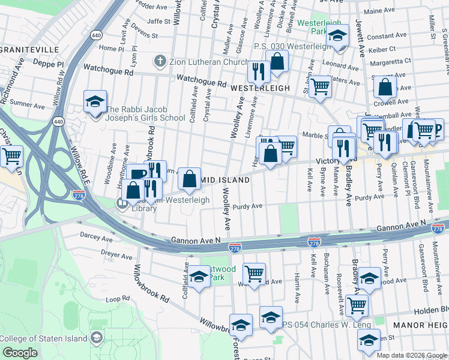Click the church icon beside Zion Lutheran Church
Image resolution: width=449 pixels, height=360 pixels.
click(160, 61)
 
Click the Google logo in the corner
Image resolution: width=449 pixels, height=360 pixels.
click(20, 353)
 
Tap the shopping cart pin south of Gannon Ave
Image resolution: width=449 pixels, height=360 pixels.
click(255, 274)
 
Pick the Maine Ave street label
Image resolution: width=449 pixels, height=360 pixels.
click(379, 11)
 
